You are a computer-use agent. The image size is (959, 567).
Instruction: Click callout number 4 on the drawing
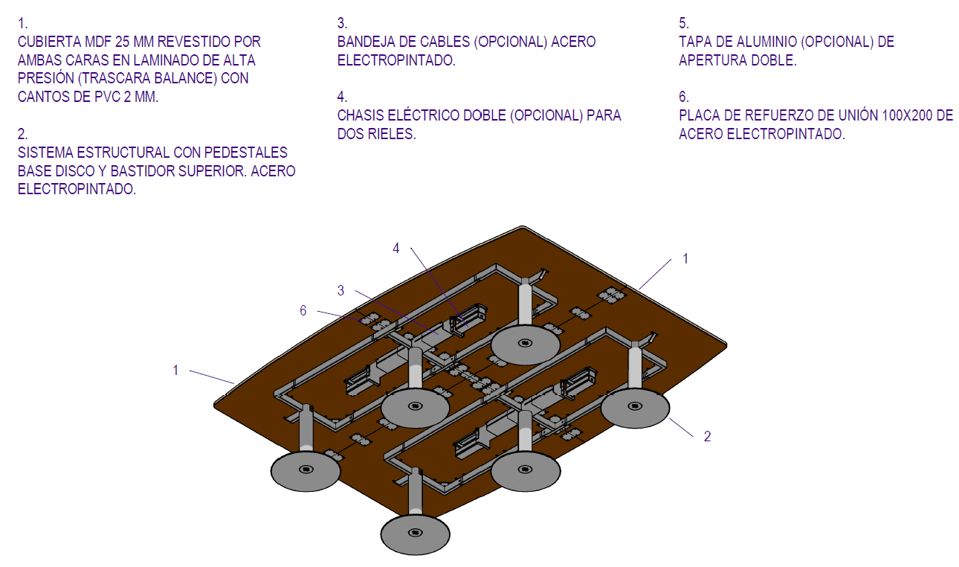point(396,249)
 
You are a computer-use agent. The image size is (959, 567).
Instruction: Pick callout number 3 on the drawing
point(340,291)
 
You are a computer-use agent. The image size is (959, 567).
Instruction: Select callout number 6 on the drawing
point(303,311)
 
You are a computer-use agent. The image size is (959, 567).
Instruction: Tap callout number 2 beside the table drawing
point(707,437)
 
